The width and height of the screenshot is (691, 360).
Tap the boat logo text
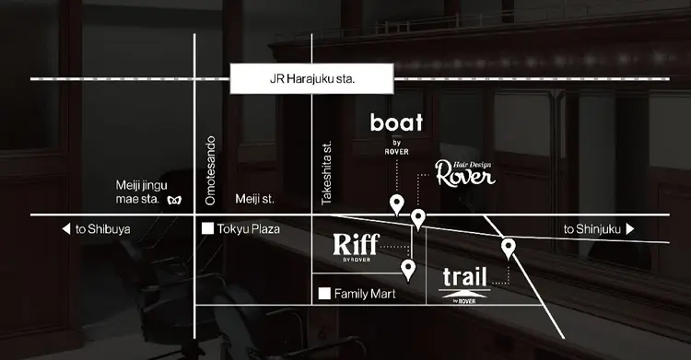pos(396,122)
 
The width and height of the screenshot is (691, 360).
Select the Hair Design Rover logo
pos(465,173)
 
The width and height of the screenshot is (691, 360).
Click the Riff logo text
pos(356,246)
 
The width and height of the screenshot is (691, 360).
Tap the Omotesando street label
pos(209,170)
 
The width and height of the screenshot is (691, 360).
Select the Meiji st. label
pos(255,198)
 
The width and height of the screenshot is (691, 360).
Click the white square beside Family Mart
pos(323,295)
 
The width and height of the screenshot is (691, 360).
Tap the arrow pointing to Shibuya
pos(65,229)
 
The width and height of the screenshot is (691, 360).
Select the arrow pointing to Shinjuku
pos(630,229)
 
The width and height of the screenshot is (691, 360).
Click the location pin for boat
pos(396,204)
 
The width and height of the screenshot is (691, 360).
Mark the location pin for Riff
pos(409,269)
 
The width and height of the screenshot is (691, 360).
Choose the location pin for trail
pos(508,247)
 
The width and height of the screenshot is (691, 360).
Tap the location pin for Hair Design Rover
pos(418,218)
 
